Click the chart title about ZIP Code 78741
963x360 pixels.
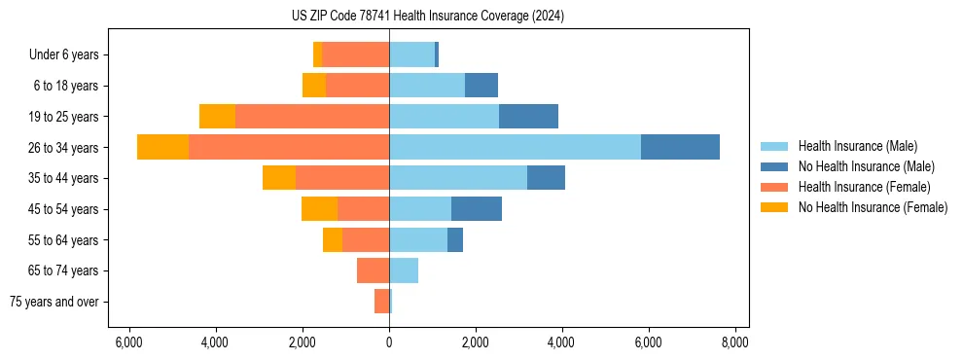(x=427, y=17)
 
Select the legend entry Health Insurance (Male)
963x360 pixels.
(x=857, y=146)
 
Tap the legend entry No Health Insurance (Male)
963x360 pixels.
(x=866, y=166)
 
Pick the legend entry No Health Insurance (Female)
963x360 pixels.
(x=873, y=207)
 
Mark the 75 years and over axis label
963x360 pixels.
(x=54, y=302)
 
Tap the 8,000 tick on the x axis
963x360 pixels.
(x=734, y=342)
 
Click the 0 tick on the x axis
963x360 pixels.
(x=389, y=342)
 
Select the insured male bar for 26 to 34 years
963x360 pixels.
(x=515, y=147)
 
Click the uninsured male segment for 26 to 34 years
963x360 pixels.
(x=680, y=147)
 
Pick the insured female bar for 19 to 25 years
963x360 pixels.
(x=312, y=116)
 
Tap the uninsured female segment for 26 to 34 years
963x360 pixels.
(x=162, y=147)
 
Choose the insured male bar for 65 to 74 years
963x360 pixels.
(x=404, y=270)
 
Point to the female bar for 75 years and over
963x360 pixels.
(x=382, y=302)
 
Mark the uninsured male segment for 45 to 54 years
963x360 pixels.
(x=477, y=208)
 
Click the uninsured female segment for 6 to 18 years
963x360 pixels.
(x=314, y=86)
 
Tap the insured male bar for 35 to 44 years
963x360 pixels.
(x=458, y=178)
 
